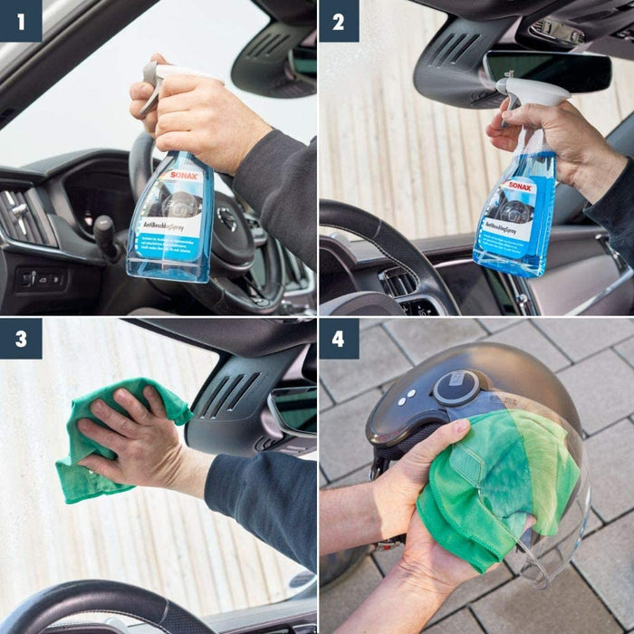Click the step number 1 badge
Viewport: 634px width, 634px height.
pyautogui.click(x=21, y=21)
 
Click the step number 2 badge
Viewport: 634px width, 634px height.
pyautogui.click(x=339, y=21)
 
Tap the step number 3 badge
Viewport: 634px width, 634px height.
pyautogui.click(x=21, y=339)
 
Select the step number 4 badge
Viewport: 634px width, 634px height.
pyautogui.click(x=339, y=339)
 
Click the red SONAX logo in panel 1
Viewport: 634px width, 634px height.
pyautogui.click(x=184, y=176)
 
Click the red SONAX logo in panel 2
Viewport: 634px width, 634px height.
pyautogui.click(x=520, y=187)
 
